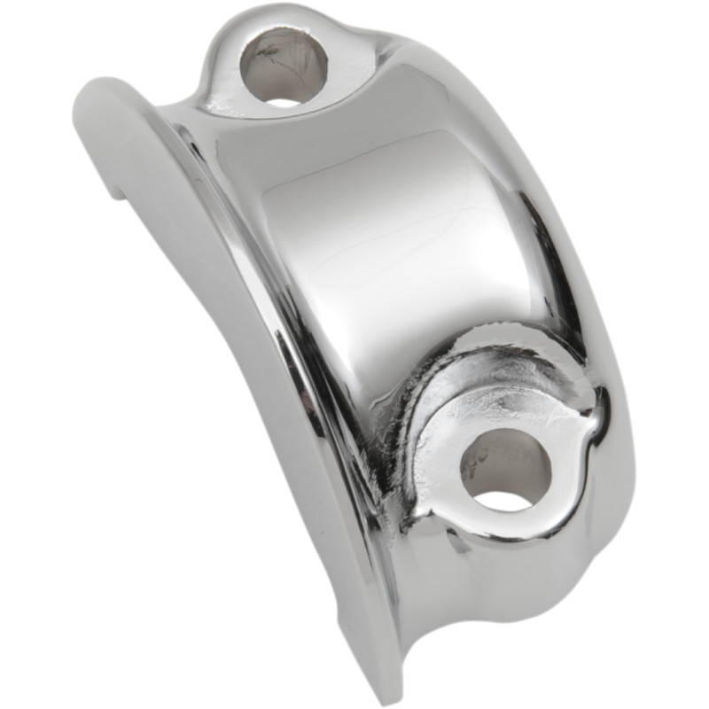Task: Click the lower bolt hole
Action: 505,470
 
